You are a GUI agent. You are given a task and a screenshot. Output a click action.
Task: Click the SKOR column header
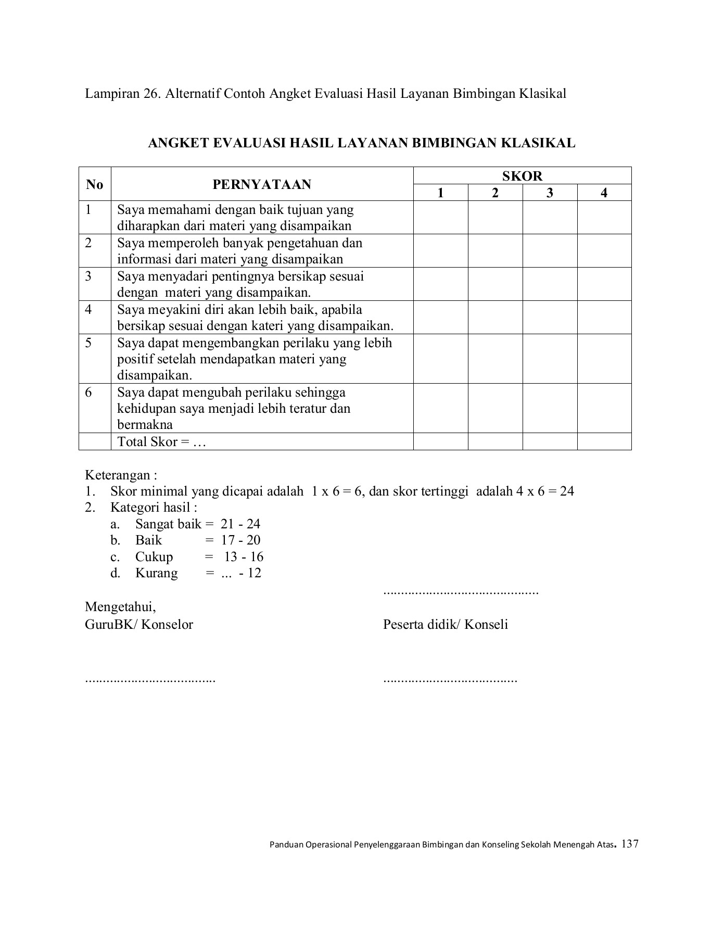click(522, 176)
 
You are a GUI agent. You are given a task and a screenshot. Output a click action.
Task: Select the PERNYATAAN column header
click(262, 184)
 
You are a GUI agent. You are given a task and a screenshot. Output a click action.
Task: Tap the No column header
click(95, 184)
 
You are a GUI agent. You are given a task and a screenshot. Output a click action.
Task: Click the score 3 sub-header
click(550, 193)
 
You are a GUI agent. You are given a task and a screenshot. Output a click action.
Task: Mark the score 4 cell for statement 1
click(604, 218)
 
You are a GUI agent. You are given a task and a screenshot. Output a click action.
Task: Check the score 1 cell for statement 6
click(440, 408)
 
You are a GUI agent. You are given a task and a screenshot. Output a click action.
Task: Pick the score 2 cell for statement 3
click(495, 284)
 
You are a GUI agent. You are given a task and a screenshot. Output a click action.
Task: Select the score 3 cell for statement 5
click(550, 359)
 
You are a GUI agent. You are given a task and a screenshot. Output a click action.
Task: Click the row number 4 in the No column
click(89, 310)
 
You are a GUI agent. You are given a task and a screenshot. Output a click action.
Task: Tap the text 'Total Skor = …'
click(162, 442)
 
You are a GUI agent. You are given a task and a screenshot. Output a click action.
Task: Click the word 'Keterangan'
click(118, 475)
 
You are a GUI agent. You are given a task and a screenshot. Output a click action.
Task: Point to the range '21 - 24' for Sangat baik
click(240, 524)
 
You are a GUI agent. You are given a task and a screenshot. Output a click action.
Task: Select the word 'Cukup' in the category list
click(154, 557)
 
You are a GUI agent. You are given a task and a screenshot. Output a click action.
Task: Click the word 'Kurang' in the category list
click(156, 574)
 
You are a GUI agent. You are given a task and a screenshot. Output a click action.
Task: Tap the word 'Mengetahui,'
click(120, 607)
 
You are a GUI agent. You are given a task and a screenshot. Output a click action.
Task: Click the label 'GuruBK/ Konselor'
click(139, 625)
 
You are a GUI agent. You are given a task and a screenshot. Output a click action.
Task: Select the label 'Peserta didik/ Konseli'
click(446, 625)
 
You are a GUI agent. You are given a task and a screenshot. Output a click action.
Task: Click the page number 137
click(630, 844)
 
